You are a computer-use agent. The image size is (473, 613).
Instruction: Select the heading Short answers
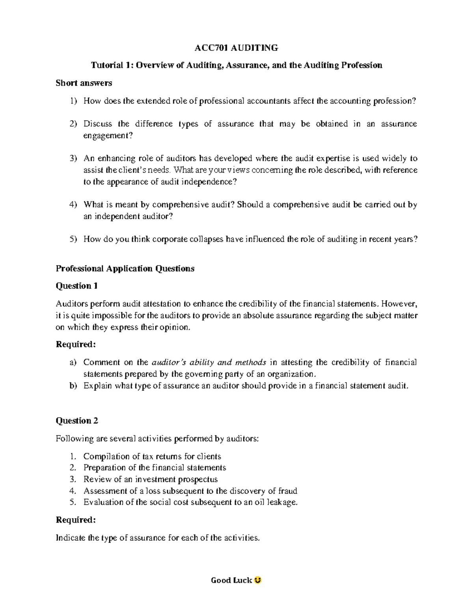84,83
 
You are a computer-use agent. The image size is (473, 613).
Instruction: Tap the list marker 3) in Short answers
74,159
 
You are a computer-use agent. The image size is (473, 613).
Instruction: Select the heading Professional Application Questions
125,268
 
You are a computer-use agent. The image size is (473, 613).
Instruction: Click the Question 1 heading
76,286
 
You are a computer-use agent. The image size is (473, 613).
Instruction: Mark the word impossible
118,315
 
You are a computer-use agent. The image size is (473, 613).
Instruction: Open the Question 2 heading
77,421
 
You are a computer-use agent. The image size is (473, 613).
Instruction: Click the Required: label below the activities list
76,520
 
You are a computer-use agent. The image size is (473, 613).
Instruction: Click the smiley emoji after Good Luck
258,580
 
